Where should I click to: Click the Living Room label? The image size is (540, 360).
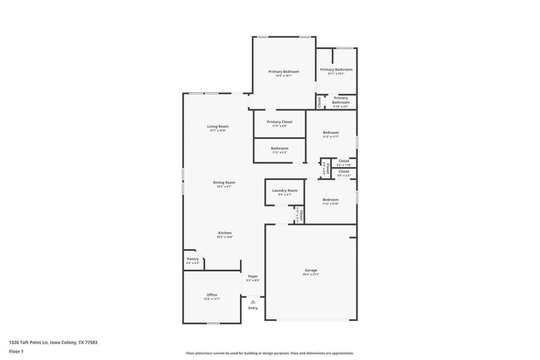pos(218,126)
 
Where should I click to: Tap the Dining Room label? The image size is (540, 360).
pos(224,182)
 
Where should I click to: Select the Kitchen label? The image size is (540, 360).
pos(224,233)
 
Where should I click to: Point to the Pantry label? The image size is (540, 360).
pos(193,259)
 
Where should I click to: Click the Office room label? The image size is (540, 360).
pos(212,295)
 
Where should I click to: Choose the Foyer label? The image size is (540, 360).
pos(253,276)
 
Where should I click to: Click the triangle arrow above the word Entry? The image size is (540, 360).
pos(253,301)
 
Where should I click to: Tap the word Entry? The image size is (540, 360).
pos(253,308)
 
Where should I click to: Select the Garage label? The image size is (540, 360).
pos(311,270)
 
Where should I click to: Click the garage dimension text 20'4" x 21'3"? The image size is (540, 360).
pos(311,275)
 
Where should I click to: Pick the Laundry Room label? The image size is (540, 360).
pos(284,190)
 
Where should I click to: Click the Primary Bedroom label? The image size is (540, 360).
pos(283,71)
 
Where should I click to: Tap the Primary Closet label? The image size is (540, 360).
pos(280,121)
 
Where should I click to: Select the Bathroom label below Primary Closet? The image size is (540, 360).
pos(280,148)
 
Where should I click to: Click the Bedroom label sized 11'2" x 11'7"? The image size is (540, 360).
pos(331,133)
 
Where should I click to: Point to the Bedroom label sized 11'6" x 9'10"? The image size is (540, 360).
pos(331,200)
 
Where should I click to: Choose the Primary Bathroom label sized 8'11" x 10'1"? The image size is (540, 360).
pos(336,70)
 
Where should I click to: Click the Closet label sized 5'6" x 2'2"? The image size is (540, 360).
pos(344,172)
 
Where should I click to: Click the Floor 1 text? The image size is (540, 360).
pos(16,351)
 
